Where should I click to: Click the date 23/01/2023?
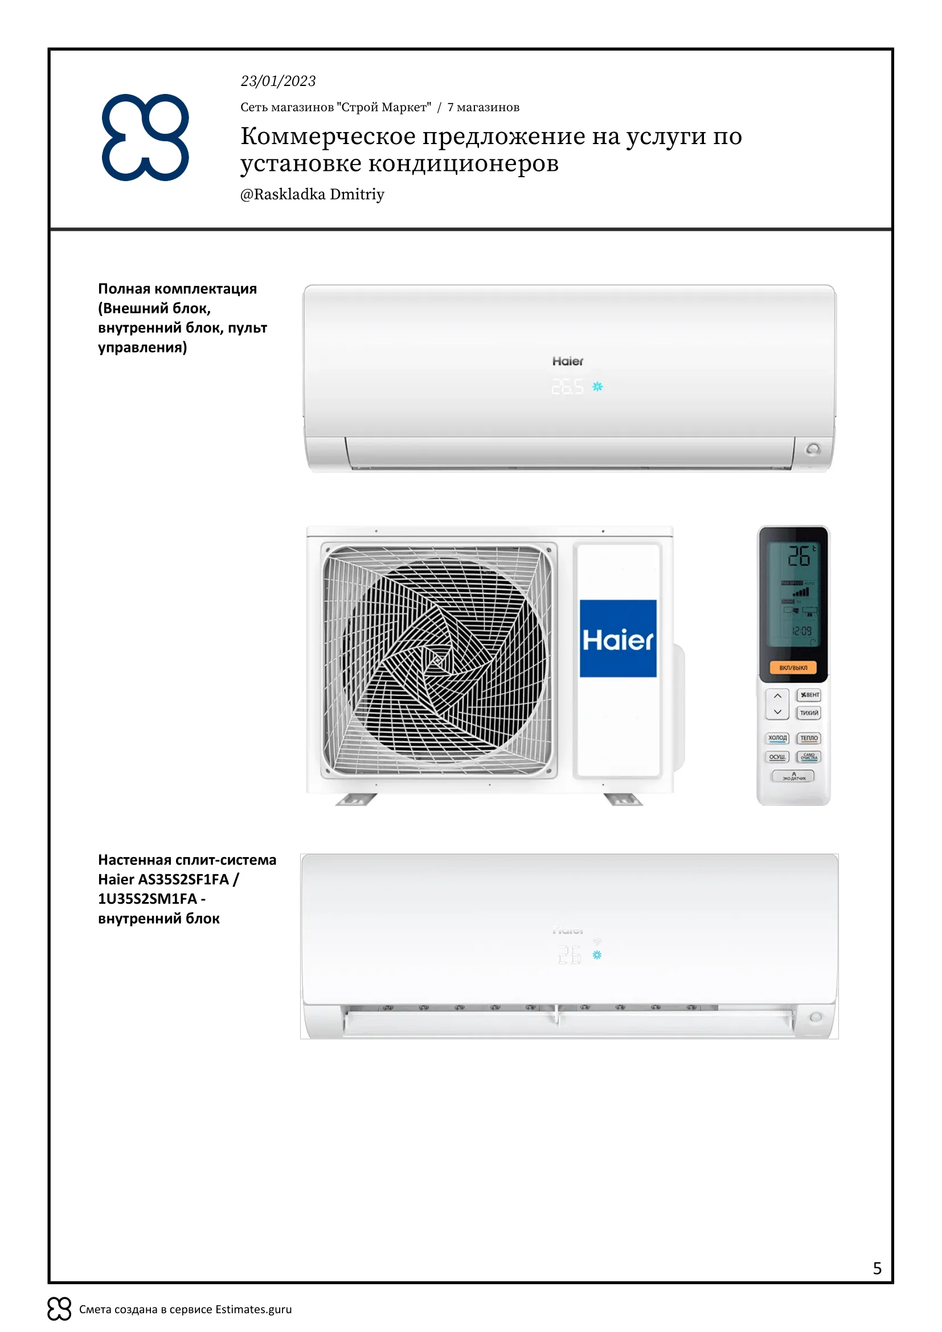coord(278,81)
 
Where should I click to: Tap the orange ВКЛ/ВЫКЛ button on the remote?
coord(793,668)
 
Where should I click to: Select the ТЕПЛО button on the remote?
coord(809,738)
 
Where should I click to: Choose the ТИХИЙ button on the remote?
coord(809,712)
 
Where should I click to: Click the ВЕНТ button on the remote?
coord(809,694)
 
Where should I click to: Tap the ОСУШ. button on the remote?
coord(777,757)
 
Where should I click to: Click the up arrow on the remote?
coord(777,695)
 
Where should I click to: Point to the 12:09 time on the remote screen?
coord(802,631)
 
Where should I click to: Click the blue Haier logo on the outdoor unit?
coord(618,639)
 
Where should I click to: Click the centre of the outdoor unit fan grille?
coord(438,660)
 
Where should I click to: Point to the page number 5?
coord(877,1268)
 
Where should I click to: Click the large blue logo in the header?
coord(146,137)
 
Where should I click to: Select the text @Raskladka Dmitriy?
coord(312,194)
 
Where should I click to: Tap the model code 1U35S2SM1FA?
coord(148,899)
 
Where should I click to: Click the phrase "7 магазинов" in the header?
coord(483,107)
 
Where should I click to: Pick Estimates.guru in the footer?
coord(253,1309)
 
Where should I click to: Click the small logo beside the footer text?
coord(59,1309)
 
